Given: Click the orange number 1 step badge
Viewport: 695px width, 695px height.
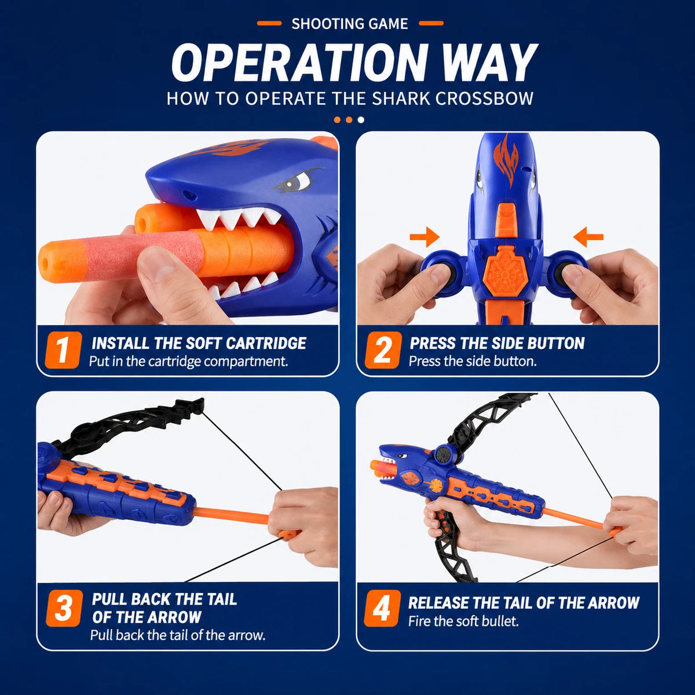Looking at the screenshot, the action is click(63, 350).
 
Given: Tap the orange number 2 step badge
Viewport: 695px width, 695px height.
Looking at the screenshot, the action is click(383, 350).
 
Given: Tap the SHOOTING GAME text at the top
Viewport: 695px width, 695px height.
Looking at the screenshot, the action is click(349, 24).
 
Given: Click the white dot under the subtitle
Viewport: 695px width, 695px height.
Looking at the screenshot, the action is click(361, 120).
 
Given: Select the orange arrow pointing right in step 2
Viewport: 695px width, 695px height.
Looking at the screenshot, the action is click(425, 237).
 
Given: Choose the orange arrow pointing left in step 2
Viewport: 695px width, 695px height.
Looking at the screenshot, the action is click(588, 237).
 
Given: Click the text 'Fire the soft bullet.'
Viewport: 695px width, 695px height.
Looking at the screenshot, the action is click(463, 621).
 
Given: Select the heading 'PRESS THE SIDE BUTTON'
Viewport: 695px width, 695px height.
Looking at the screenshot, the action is click(497, 343).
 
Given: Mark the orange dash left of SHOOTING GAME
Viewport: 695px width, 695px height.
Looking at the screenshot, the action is click(269, 23).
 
